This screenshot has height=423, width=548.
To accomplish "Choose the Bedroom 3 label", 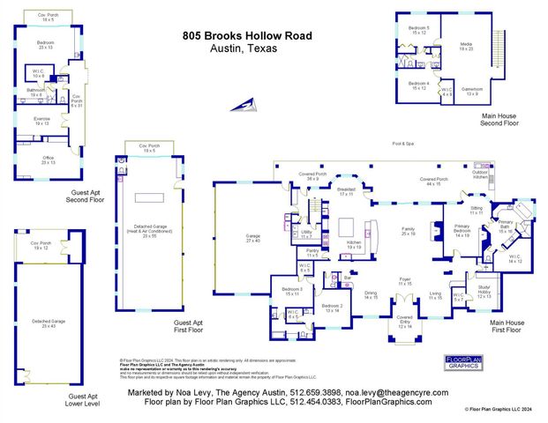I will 291,291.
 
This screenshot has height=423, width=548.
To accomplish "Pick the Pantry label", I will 312,253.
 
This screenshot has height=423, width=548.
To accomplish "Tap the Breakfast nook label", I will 346,191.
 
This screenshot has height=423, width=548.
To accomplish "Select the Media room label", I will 467,47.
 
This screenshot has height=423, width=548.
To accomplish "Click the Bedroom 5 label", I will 419,31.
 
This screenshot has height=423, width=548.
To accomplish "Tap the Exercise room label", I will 42,122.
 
